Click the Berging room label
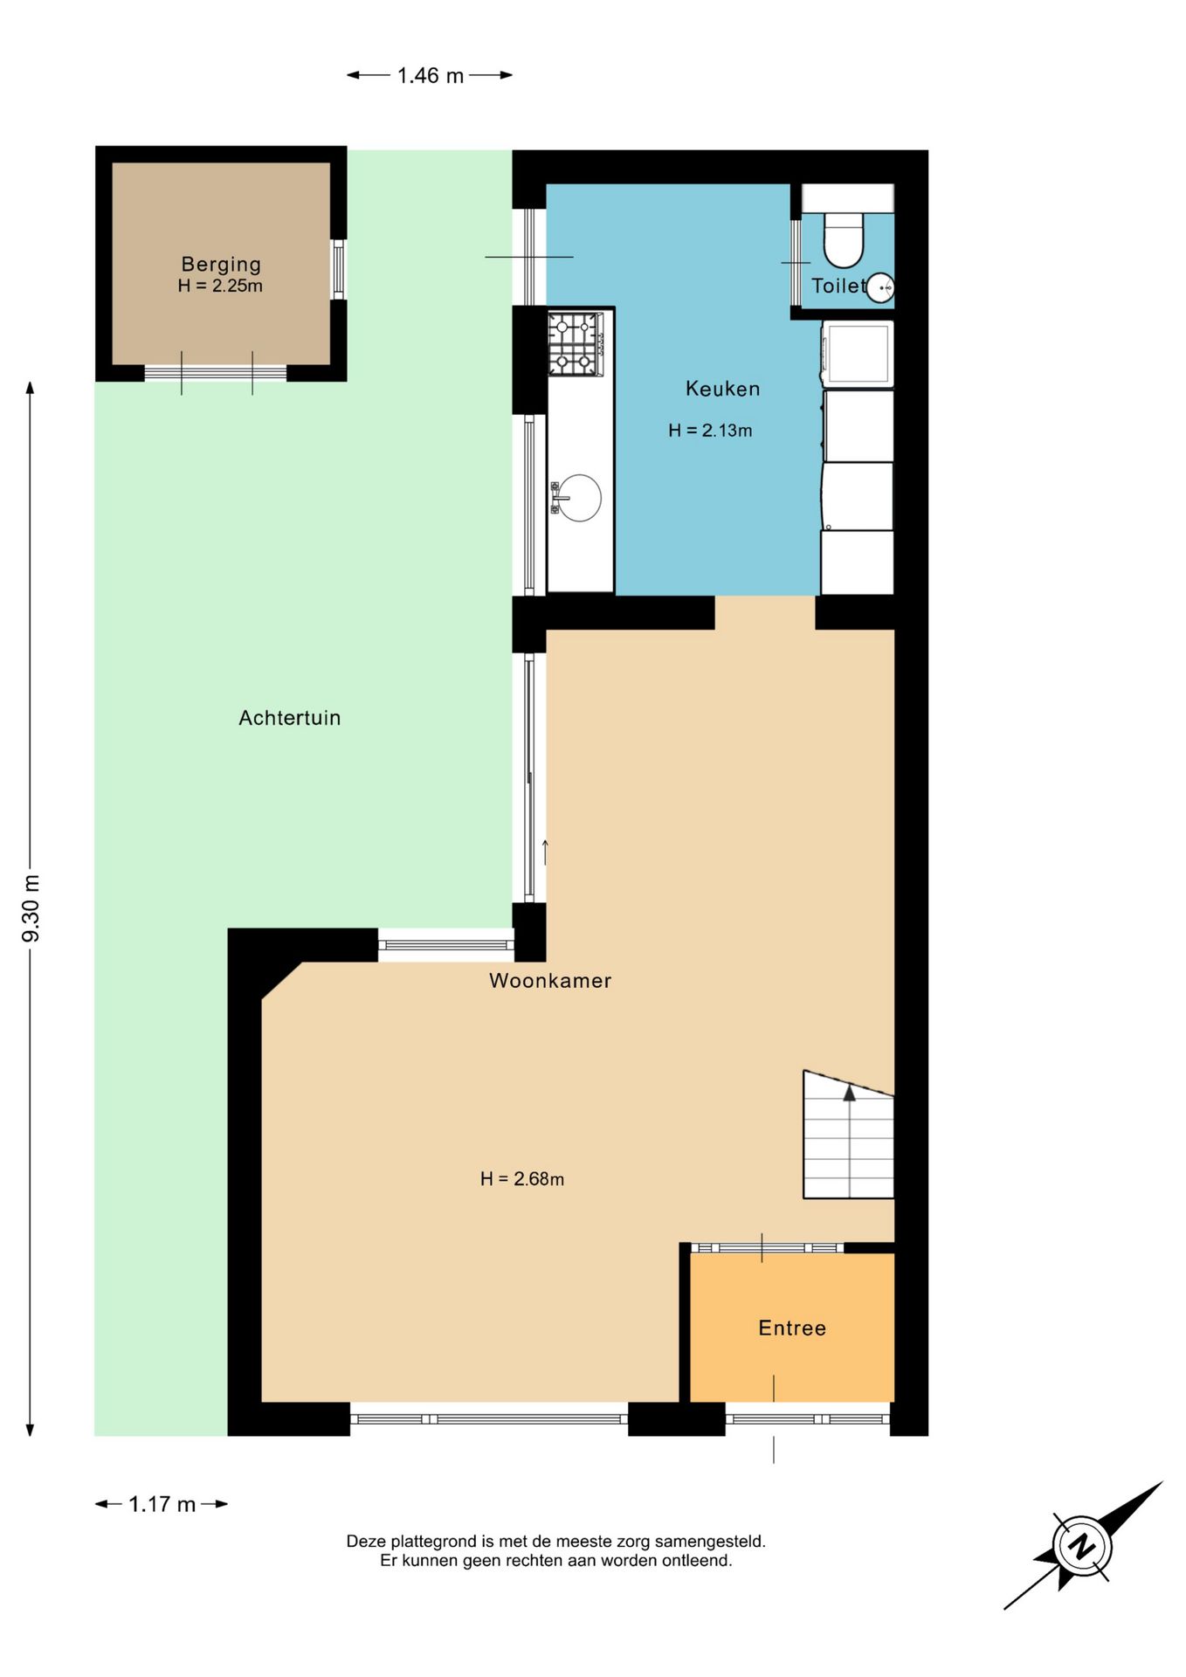point(221,264)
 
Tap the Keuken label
point(722,389)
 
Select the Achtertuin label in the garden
point(290,718)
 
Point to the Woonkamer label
point(550,981)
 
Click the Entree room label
point(792,1328)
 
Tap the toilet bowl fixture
point(844,238)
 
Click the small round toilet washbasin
point(880,287)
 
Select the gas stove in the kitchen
point(576,344)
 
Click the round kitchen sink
point(578,498)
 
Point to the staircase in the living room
point(848,1135)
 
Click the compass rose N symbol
point(1082,1545)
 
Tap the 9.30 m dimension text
point(31,908)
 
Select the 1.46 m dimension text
point(431,76)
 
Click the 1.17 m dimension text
point(162,1504)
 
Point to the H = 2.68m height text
point(522,1179)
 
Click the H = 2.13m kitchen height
point(710,431)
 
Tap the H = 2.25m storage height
point(220,286)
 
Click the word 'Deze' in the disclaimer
point(366,1542)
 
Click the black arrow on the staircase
point(849,1093)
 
